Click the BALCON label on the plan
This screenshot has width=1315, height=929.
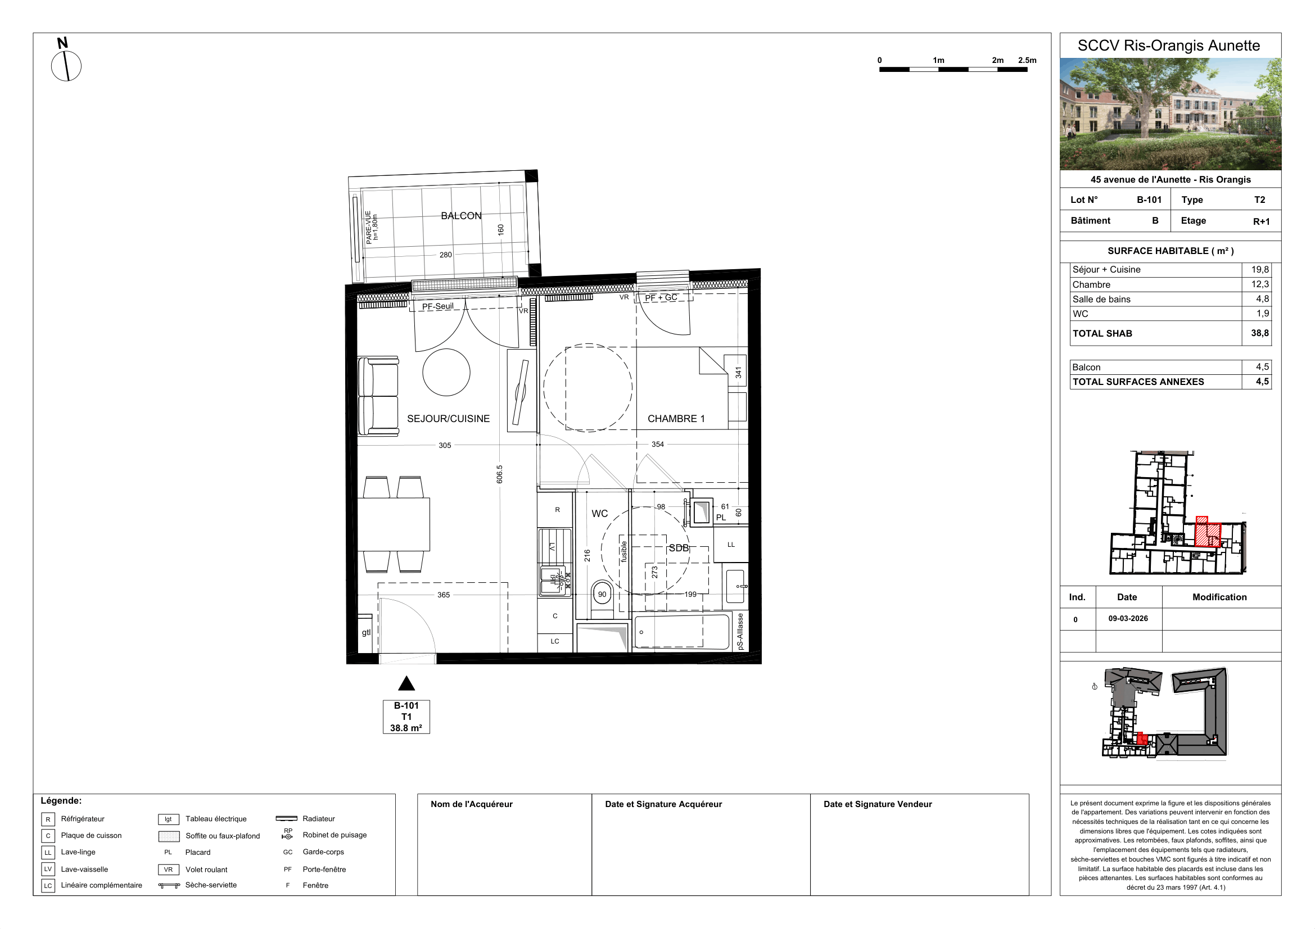(461, 216)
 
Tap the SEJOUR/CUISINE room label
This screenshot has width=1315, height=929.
(449, 419)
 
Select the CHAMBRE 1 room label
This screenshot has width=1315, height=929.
(676, 419)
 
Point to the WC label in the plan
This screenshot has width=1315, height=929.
(600, 514)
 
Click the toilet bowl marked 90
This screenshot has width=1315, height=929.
(602, 595)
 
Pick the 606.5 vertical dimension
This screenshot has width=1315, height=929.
(499, 474)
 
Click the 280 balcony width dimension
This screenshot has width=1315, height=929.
(446, 255)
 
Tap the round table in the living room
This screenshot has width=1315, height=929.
(446, 372)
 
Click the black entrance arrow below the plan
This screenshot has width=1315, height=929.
(406, 683)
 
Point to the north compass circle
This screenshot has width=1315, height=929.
(66, 66)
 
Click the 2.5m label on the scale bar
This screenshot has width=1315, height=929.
(1027, 60)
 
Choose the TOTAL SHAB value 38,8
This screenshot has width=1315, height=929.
(1259, 333)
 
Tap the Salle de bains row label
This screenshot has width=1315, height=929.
(1101, 300)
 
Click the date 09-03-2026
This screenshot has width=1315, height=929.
(1128, 618)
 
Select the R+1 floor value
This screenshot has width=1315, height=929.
(1261, 221)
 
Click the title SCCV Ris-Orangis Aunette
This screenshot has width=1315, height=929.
(1169, 46)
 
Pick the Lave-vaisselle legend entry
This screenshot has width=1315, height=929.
(84, 869)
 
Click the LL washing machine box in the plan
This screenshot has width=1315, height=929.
(731, 545)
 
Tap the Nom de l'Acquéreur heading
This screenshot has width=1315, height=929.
(471, 804)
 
